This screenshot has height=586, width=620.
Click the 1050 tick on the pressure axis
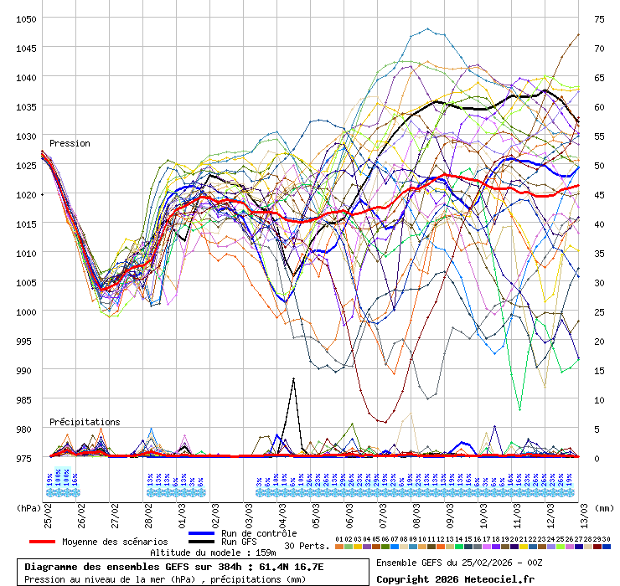(x=25, y=18)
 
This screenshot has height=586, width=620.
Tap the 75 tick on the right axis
(x=599, y=18)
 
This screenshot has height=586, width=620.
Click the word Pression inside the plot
(x=70, y=143)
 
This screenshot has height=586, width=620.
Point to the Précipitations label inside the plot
(x=85, y=422)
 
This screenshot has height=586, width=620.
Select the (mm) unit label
(x=605, y=507)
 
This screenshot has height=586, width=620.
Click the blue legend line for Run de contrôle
(x=203, y=533)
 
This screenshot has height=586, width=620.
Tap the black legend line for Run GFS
(x=203, y=542)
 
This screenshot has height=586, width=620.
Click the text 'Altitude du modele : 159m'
(x=213, y=553)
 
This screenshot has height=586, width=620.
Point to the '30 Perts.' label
(x=307, y=546)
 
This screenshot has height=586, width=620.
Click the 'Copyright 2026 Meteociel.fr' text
(x=455, y=578)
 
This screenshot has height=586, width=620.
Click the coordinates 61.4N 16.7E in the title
(x=283, y=567)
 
